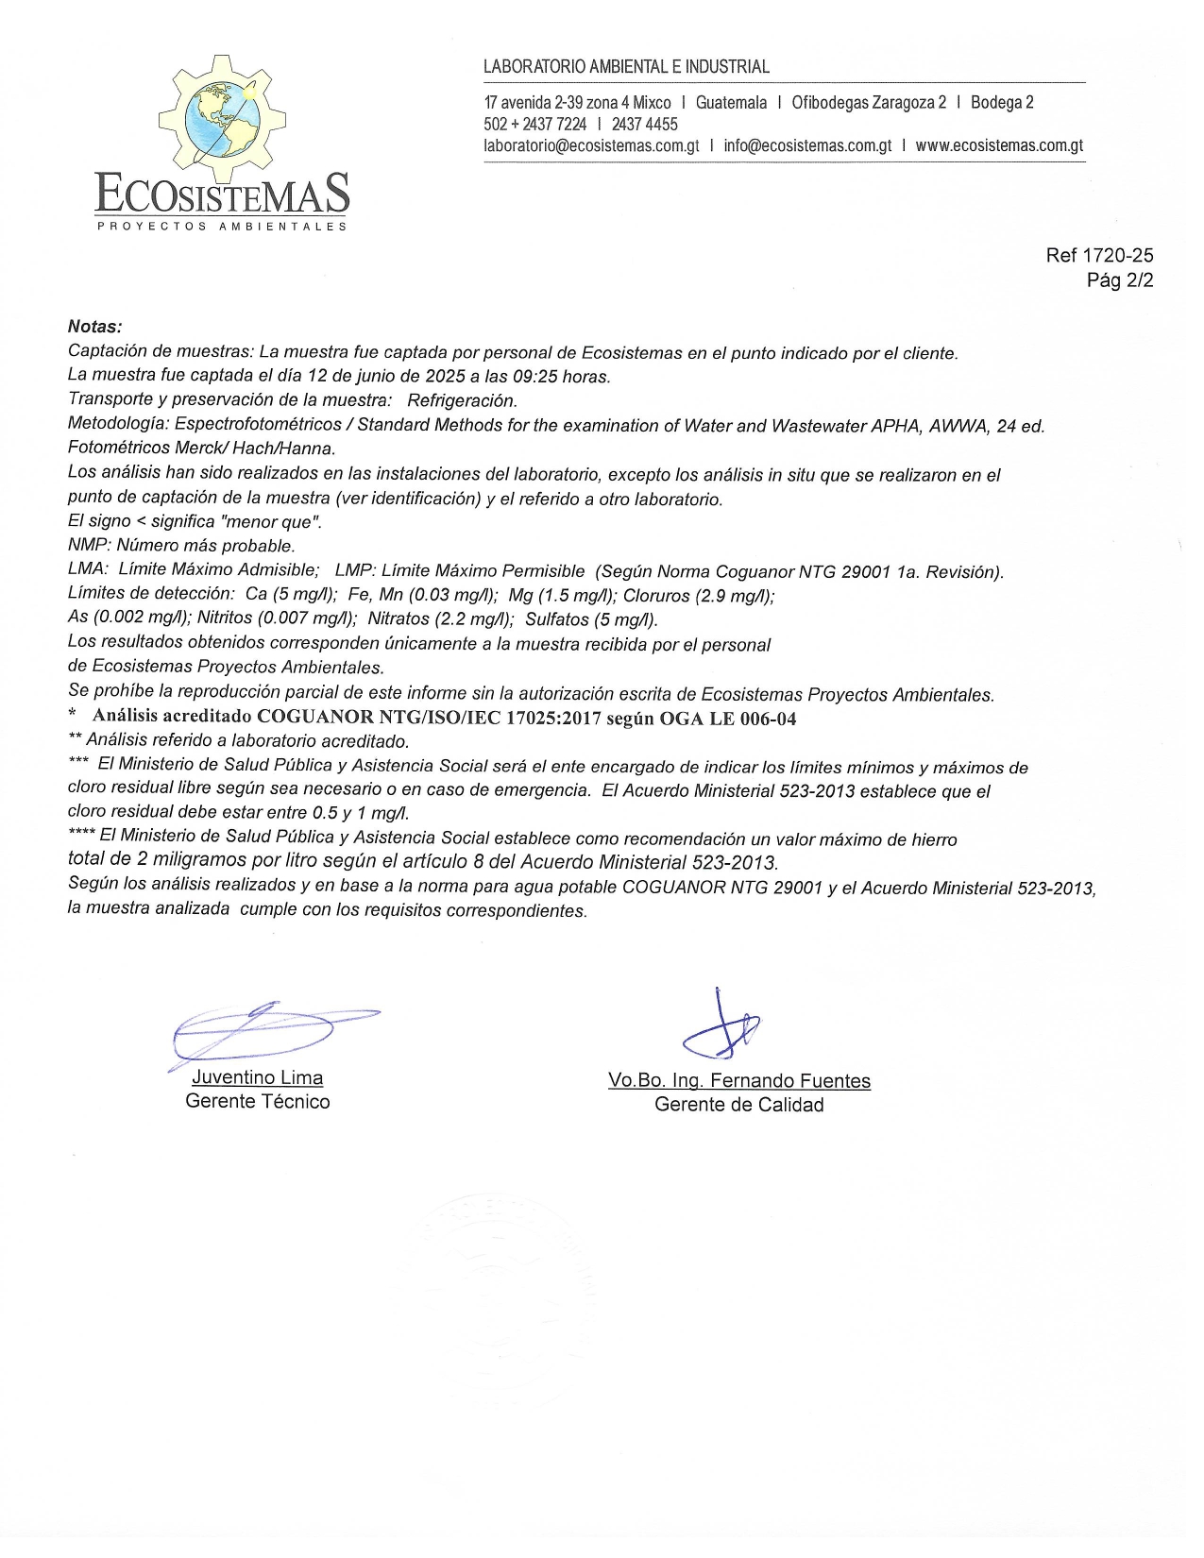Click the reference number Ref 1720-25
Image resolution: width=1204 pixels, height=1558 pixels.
tap(1099, 256)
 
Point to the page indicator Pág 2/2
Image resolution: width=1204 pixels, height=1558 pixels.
tap(1120, 280)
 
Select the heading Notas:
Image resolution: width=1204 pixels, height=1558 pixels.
tap(94, 328)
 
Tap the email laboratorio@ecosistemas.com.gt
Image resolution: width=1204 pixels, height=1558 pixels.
tap(591, 146)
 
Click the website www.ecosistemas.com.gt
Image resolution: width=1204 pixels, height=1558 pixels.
tap(999, 146)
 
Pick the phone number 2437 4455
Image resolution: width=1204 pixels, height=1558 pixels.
tap(644, 125)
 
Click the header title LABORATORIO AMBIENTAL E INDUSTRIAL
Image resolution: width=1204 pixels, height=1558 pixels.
tap(626, 67)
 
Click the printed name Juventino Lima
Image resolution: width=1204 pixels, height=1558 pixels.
tap(257, 1078)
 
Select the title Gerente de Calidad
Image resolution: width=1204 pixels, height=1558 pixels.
tap(738, 1105)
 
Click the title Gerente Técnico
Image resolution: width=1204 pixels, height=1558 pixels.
tap(258, 1102)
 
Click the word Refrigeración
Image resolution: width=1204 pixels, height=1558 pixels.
tap(462, 400)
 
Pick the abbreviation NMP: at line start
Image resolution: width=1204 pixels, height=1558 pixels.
tap(90, 546)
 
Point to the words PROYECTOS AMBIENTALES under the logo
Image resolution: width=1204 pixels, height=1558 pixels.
tap(222, 227)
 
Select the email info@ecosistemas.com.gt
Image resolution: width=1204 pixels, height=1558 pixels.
tap(807, 146)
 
